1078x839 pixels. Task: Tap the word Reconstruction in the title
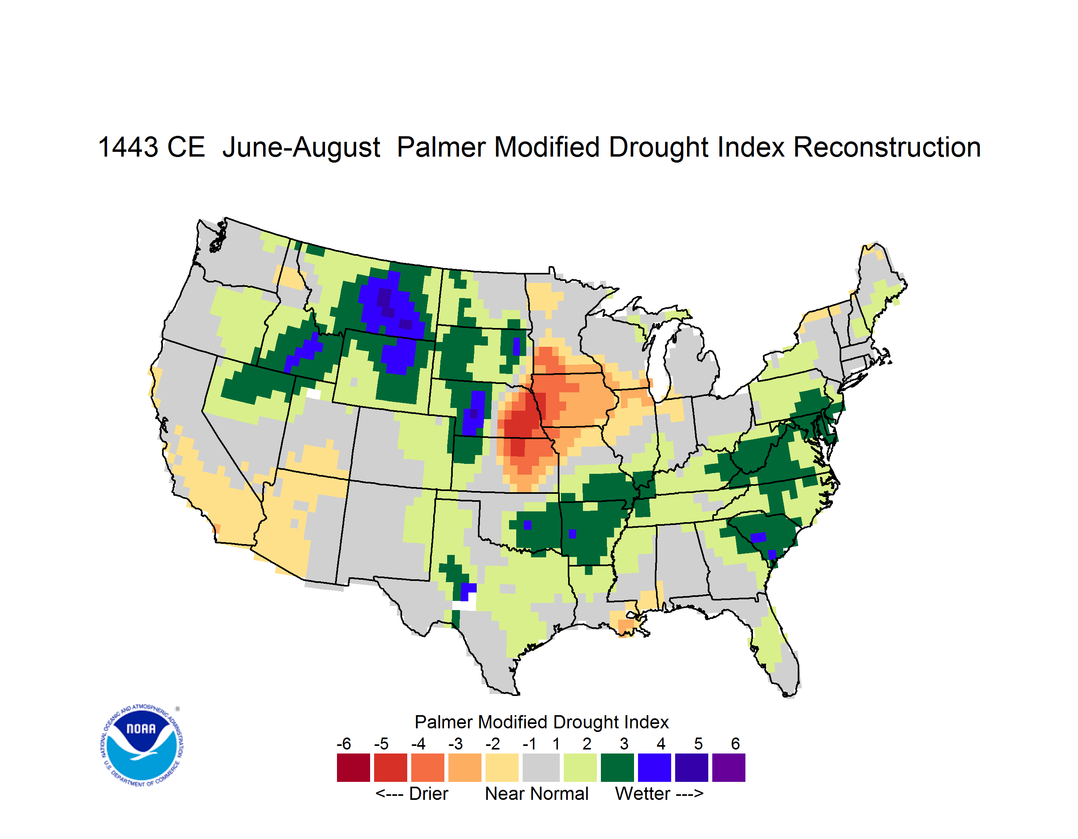[887, 147]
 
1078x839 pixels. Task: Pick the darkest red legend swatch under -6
[353, 767]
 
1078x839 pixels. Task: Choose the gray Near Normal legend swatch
[541, 767]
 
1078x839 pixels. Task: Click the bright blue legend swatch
[654, 767]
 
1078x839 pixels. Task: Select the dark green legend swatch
[617, 767]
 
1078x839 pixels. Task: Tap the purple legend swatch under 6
[729, 767]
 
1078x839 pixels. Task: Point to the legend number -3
[455, 744]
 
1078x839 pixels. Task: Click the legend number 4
[661, 744]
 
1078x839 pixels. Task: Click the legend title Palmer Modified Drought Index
[541, 722]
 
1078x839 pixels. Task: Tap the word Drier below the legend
[428, 793]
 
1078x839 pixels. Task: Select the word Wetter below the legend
[643, 793]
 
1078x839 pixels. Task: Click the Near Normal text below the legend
[537, 793]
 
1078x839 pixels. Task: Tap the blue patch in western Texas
[468, 590]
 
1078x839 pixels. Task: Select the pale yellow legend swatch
[502, 767]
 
